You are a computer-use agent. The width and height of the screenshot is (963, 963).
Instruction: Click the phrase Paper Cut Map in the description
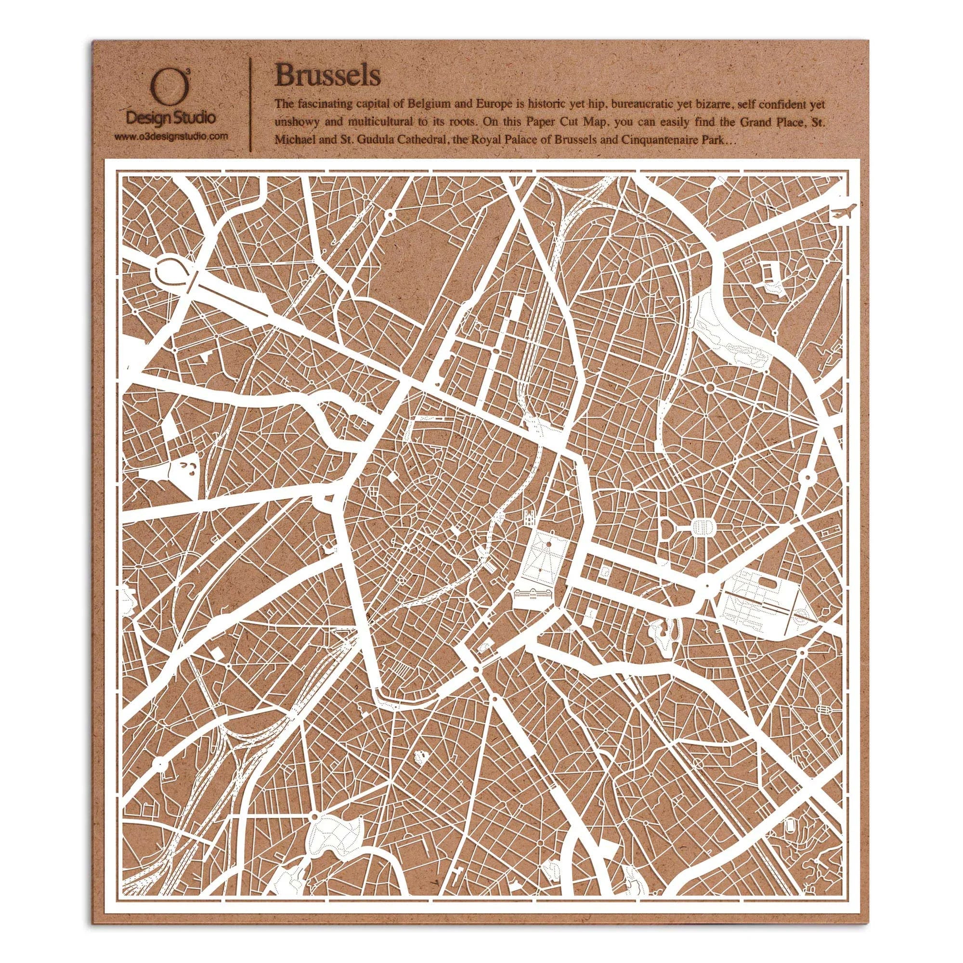coord(519,123)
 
